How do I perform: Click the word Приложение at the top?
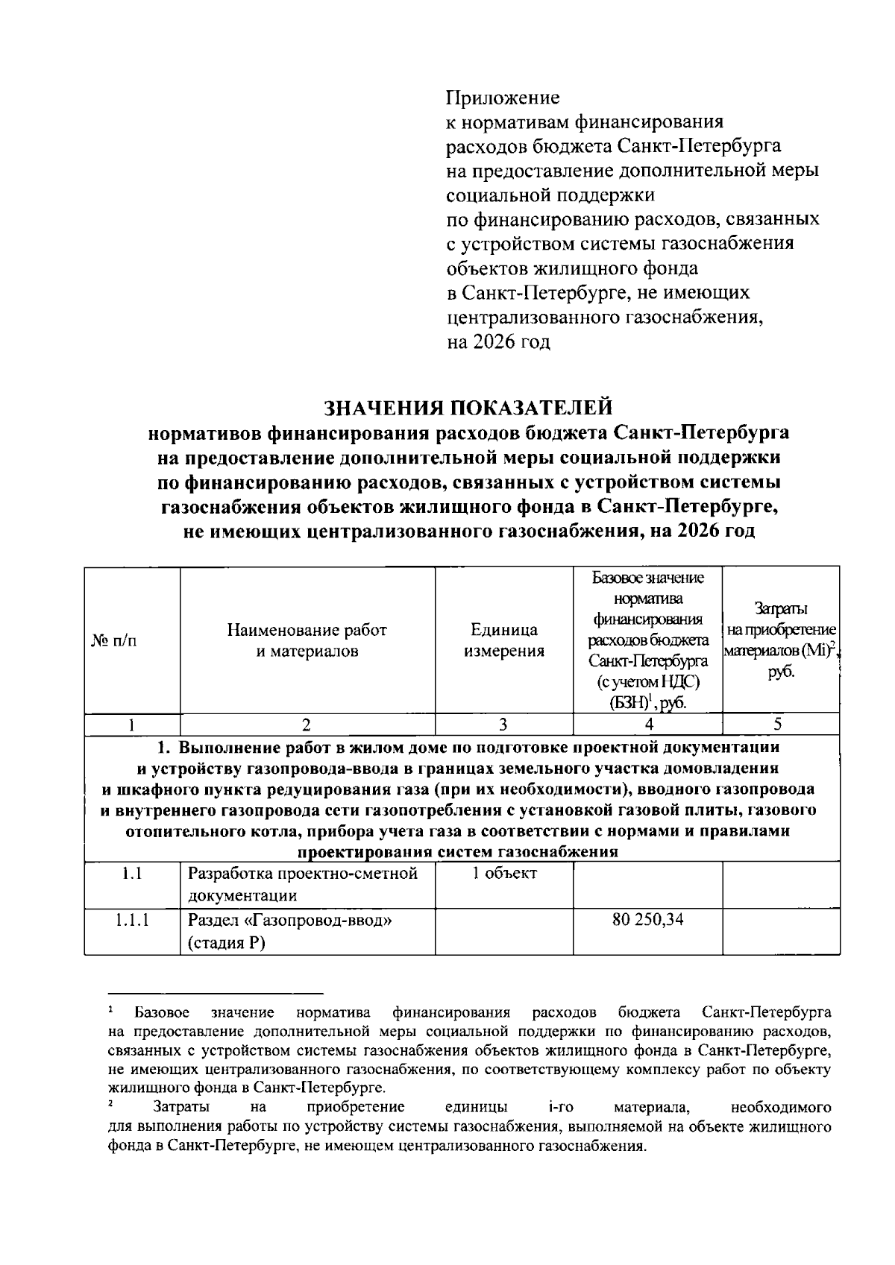click(x=502, y=98)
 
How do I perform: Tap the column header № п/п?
click(x=114, y=640)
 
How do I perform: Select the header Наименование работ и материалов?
click(x=307, y=640)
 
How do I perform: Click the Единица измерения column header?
click(x=503, y=640)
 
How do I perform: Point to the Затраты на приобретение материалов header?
click(x=780, y=640)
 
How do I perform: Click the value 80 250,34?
click(x=647, y=920)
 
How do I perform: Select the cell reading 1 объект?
click(x=503, y=874)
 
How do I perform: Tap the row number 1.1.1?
click(x=132, y=920)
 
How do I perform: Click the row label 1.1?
click(x=132, y=874)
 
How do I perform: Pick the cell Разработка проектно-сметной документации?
click(x=302, y=884)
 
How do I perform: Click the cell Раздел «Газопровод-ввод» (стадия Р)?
click(x=290, y=931)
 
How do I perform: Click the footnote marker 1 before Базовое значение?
click(x=110, y=1011)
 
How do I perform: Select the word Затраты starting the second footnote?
click(x=180, y=1106)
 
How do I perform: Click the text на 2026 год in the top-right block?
click(x=497, y=342)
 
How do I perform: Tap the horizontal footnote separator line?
click(x=216, y=993)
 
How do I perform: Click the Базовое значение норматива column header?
click(x=647, y=640)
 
